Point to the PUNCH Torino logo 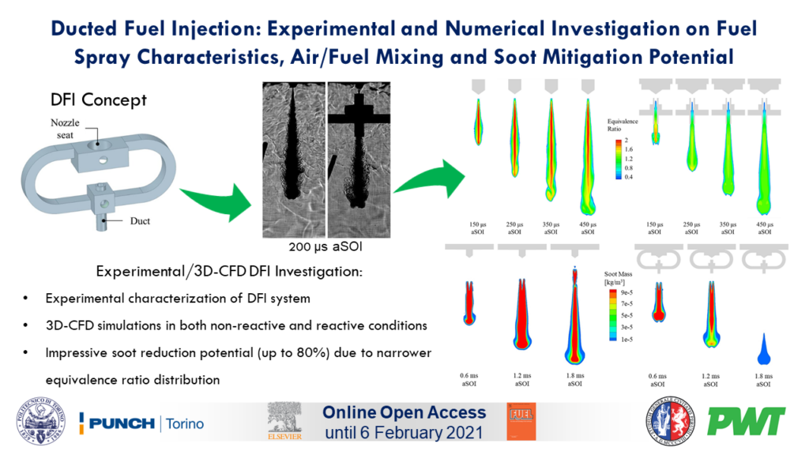tap(142, 423)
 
